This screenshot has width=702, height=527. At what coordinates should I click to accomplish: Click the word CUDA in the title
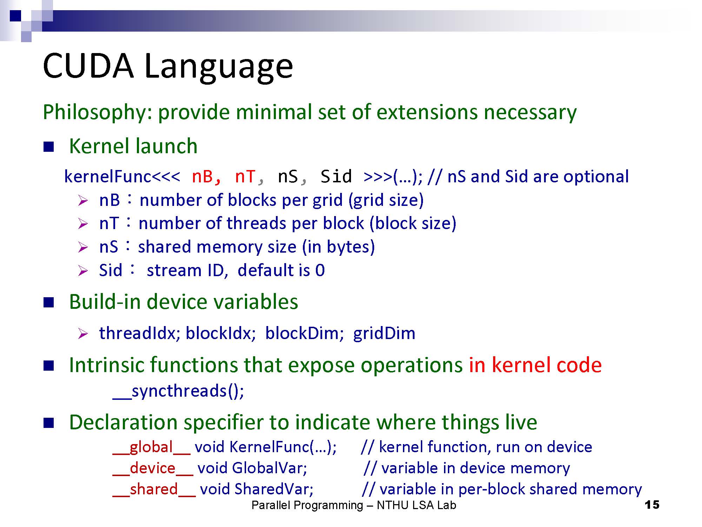pyautogui.click(x=88, y=66)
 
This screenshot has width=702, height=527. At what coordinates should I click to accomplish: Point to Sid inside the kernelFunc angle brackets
pyautogui.click(x=336, y=176)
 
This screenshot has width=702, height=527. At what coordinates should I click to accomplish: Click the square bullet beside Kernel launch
pyautogui.click(x=49, y=147)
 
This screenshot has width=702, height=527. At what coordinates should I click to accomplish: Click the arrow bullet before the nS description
pyautogui.click(x=83, y=247)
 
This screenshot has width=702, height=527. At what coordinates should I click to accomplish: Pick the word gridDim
pyautogui.click(x=384, y=333)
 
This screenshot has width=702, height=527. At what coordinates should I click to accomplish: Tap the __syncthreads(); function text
pyautogui.click(x=178, y=391)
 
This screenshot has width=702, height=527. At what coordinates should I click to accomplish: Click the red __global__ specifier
pyautogui.click(x=152, y=447)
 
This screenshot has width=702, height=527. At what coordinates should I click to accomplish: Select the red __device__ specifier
pyautogui.click(x=153, y=468)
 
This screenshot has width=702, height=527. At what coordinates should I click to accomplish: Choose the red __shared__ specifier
pyautogui.click(x=154, y=489)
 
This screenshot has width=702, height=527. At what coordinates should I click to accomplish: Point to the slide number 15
pyautogui.click(x=652, y=505)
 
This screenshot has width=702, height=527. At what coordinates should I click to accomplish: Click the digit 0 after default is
pyautogui.click(x=320, y=271)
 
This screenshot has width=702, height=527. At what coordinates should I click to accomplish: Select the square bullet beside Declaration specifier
pyautogui.click(x=49, y=423)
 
